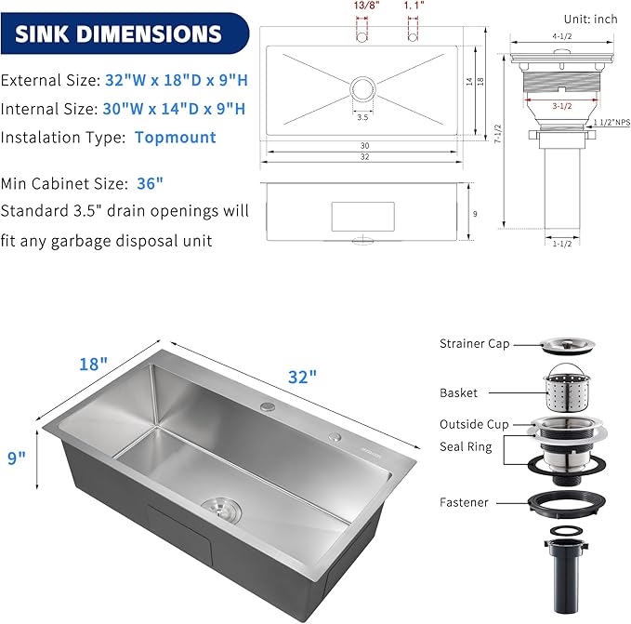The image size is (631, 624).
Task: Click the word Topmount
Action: [176, 138]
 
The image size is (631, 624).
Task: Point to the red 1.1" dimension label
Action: [414, 6]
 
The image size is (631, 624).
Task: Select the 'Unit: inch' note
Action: [590, 18]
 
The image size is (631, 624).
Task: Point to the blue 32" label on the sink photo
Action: [301, 377]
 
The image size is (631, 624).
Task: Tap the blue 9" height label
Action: [17, 458]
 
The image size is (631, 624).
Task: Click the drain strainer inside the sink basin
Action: [222, 509]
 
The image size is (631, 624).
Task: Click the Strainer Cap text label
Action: [474, 344]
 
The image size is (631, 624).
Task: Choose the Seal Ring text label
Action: [466, 446]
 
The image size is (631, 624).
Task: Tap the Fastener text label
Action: [464, 502]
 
